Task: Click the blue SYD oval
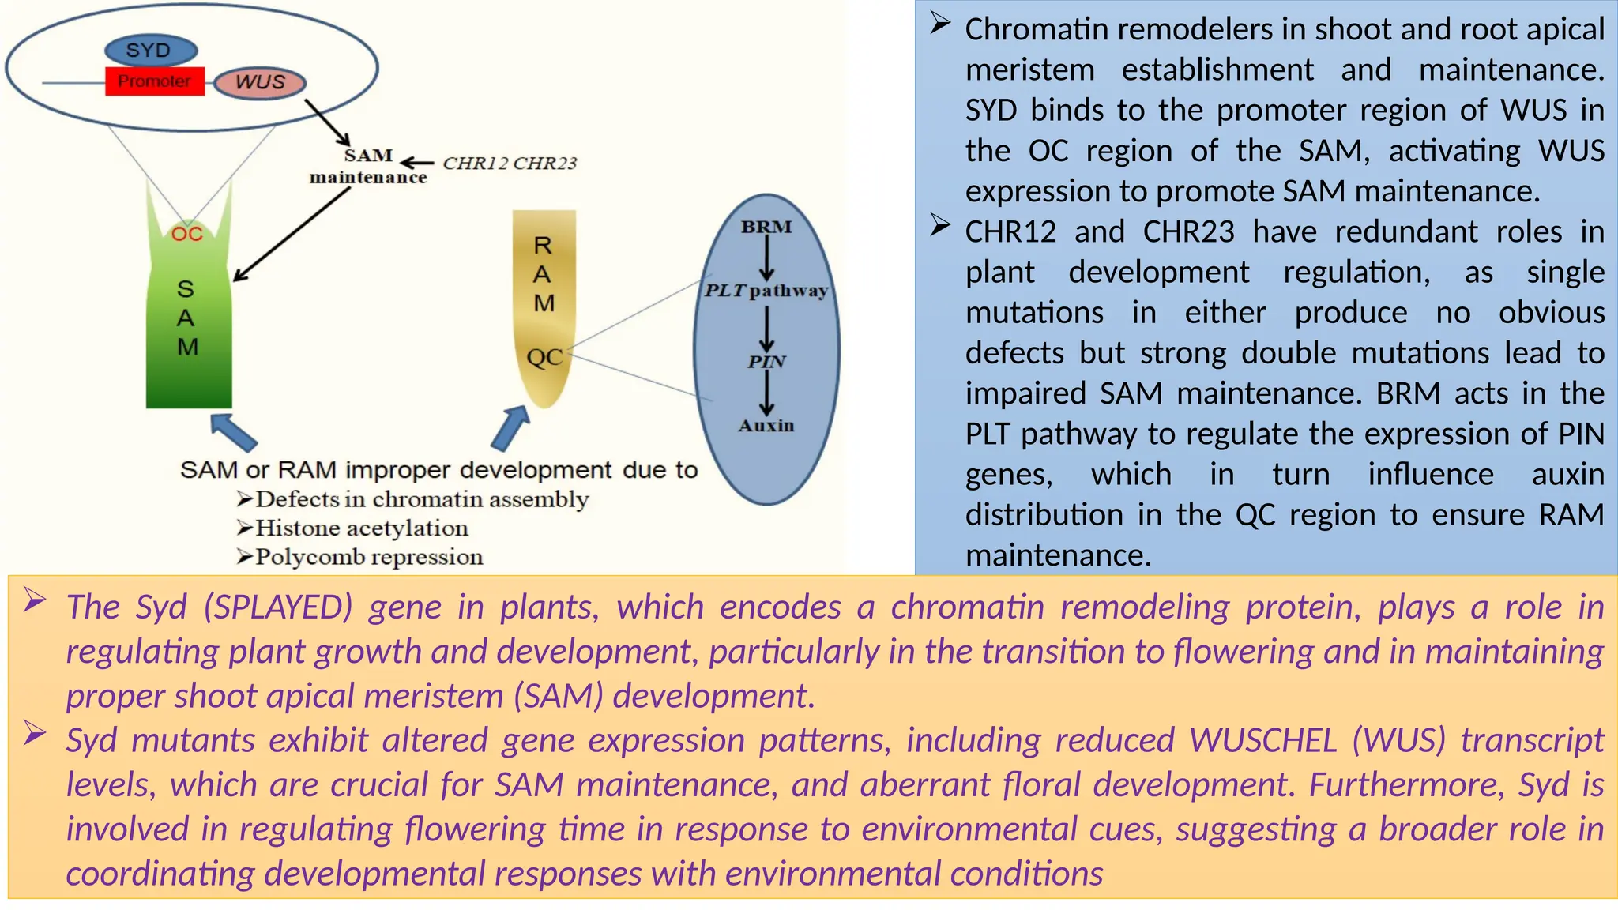pyautogui.click(x=150, y=51)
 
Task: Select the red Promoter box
pyautogui.click(x=155, y=81)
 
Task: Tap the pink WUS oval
pyautogui.click(x=260, y=82)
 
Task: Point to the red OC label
pyautogui.click(x=187, y=234)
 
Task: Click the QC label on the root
pyautogui.click(x=544, y=358)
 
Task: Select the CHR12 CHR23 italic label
pyautogui.click(x=510, y=164)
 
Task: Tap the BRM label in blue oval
pyautogui.click(x=766, y=227)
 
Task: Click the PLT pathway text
pyautogui.click(x=766, y=291)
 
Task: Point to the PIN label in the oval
pyautogui.click(x=766, y=362)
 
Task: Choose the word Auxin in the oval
pyautogui.click(x=766, y=426)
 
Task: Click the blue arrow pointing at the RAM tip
pyautogui.click(x=510, y=429)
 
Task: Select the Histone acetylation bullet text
pyautogui.click(x=361, y=528)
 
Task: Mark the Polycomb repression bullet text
pyautogui.click(x=368, y=557)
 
